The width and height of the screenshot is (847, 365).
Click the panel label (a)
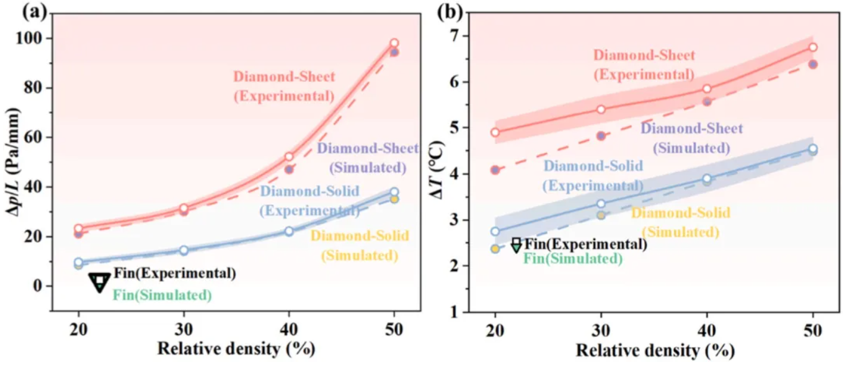pos(17,11)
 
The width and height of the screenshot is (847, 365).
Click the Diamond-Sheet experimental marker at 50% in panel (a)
pos(394,43)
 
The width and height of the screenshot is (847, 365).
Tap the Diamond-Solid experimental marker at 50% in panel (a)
pos(394,192)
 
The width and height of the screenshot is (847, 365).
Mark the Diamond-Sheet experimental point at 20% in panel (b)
pos(495,132)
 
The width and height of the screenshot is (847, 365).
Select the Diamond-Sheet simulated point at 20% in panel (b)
pos(495,169)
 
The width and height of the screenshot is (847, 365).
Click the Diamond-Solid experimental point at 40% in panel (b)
pos(706,178)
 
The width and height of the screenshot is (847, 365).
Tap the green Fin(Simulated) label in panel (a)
pos(162,295)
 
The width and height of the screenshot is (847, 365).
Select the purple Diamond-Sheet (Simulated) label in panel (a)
pos(368,158)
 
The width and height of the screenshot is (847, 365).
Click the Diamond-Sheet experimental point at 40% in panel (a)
pos(289,157)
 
